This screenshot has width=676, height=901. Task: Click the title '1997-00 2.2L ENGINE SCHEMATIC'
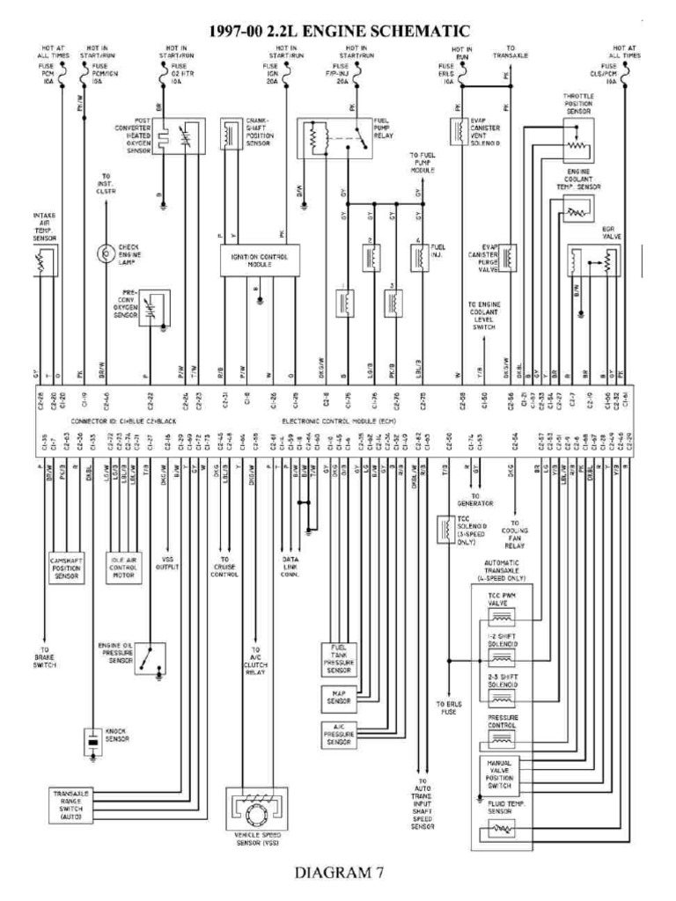click(x=338, y=32)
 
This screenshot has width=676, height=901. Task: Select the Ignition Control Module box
click(x=259, y=260)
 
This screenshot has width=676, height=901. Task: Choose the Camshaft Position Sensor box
click(x=66, y=567)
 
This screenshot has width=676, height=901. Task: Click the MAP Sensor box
click(x=337, y=698)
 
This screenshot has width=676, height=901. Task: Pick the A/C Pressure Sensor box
click(x=338, y=733)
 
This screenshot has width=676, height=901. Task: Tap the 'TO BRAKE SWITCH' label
click(x=46, y=661)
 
